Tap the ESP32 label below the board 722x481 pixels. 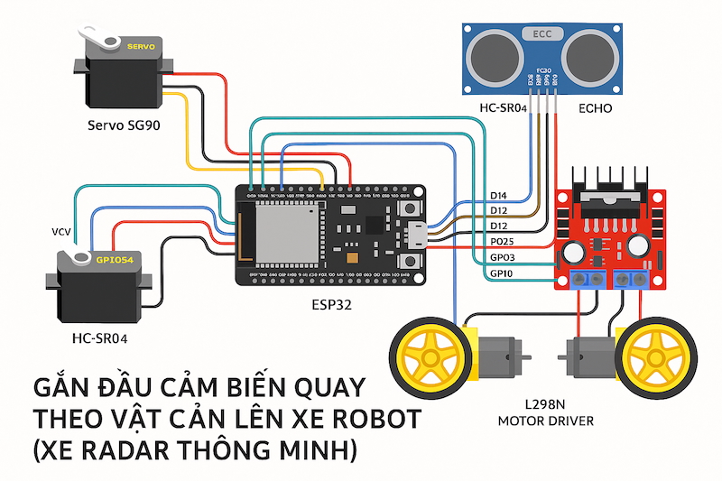coord(329,305)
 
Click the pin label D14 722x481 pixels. coord(498,195)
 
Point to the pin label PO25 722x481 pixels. coord(502,242)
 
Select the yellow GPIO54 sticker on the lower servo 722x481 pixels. coord(115,260)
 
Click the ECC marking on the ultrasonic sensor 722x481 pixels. coord(541,34)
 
